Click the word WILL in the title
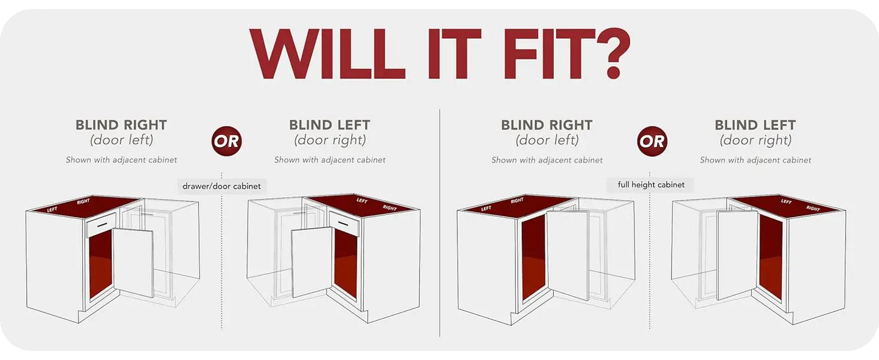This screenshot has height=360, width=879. click(x=327, y=54)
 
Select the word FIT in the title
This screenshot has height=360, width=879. click(x=549, y=54)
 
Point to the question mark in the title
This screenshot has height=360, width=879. click(x=613, y=53)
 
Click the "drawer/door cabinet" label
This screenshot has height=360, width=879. click(x=221, y=186)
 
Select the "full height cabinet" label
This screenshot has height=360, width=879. click(x=651, y=185)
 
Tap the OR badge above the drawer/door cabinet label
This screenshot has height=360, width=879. click(x=226, y=141)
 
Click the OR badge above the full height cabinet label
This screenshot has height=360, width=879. click(x=651, y=141)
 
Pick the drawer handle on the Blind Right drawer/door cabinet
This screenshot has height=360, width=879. click(x=102, y=224)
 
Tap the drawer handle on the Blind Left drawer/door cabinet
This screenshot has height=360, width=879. click(x=343, y=224)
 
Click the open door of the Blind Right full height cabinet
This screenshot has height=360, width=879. click(x=568, y=255)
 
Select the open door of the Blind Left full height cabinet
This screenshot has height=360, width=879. click(x=737, y=255)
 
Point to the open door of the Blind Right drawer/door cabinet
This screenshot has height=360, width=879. click(x=133, y=263)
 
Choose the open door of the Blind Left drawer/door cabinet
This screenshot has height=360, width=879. click(x=312, y=262)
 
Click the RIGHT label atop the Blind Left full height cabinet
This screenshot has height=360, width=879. click(x=813, y=208)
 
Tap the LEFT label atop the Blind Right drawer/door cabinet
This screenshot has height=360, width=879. click(x=52, y=210)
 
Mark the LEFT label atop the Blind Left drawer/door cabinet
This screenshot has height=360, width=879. click(x=362, y=201)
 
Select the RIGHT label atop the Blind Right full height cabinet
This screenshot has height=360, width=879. click(x=517, y=201)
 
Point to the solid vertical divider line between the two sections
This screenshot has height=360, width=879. click(x=439, y=223)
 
